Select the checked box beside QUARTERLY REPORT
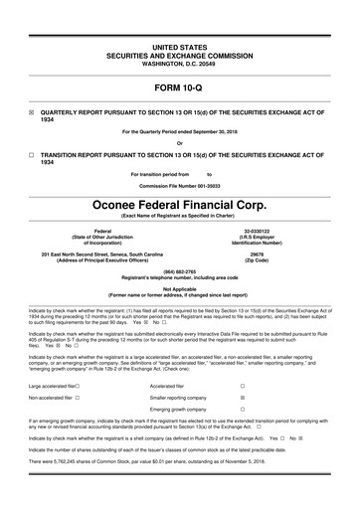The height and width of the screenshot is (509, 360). pyautogui.click(x=32, y=113)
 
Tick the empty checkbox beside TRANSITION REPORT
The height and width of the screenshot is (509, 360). pyautogui.click(x=32, y=156)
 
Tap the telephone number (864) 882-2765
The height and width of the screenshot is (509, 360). pyautogui.click(x=179, y=271)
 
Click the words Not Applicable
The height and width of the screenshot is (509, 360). pyautogui.click(x=179, y=288)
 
